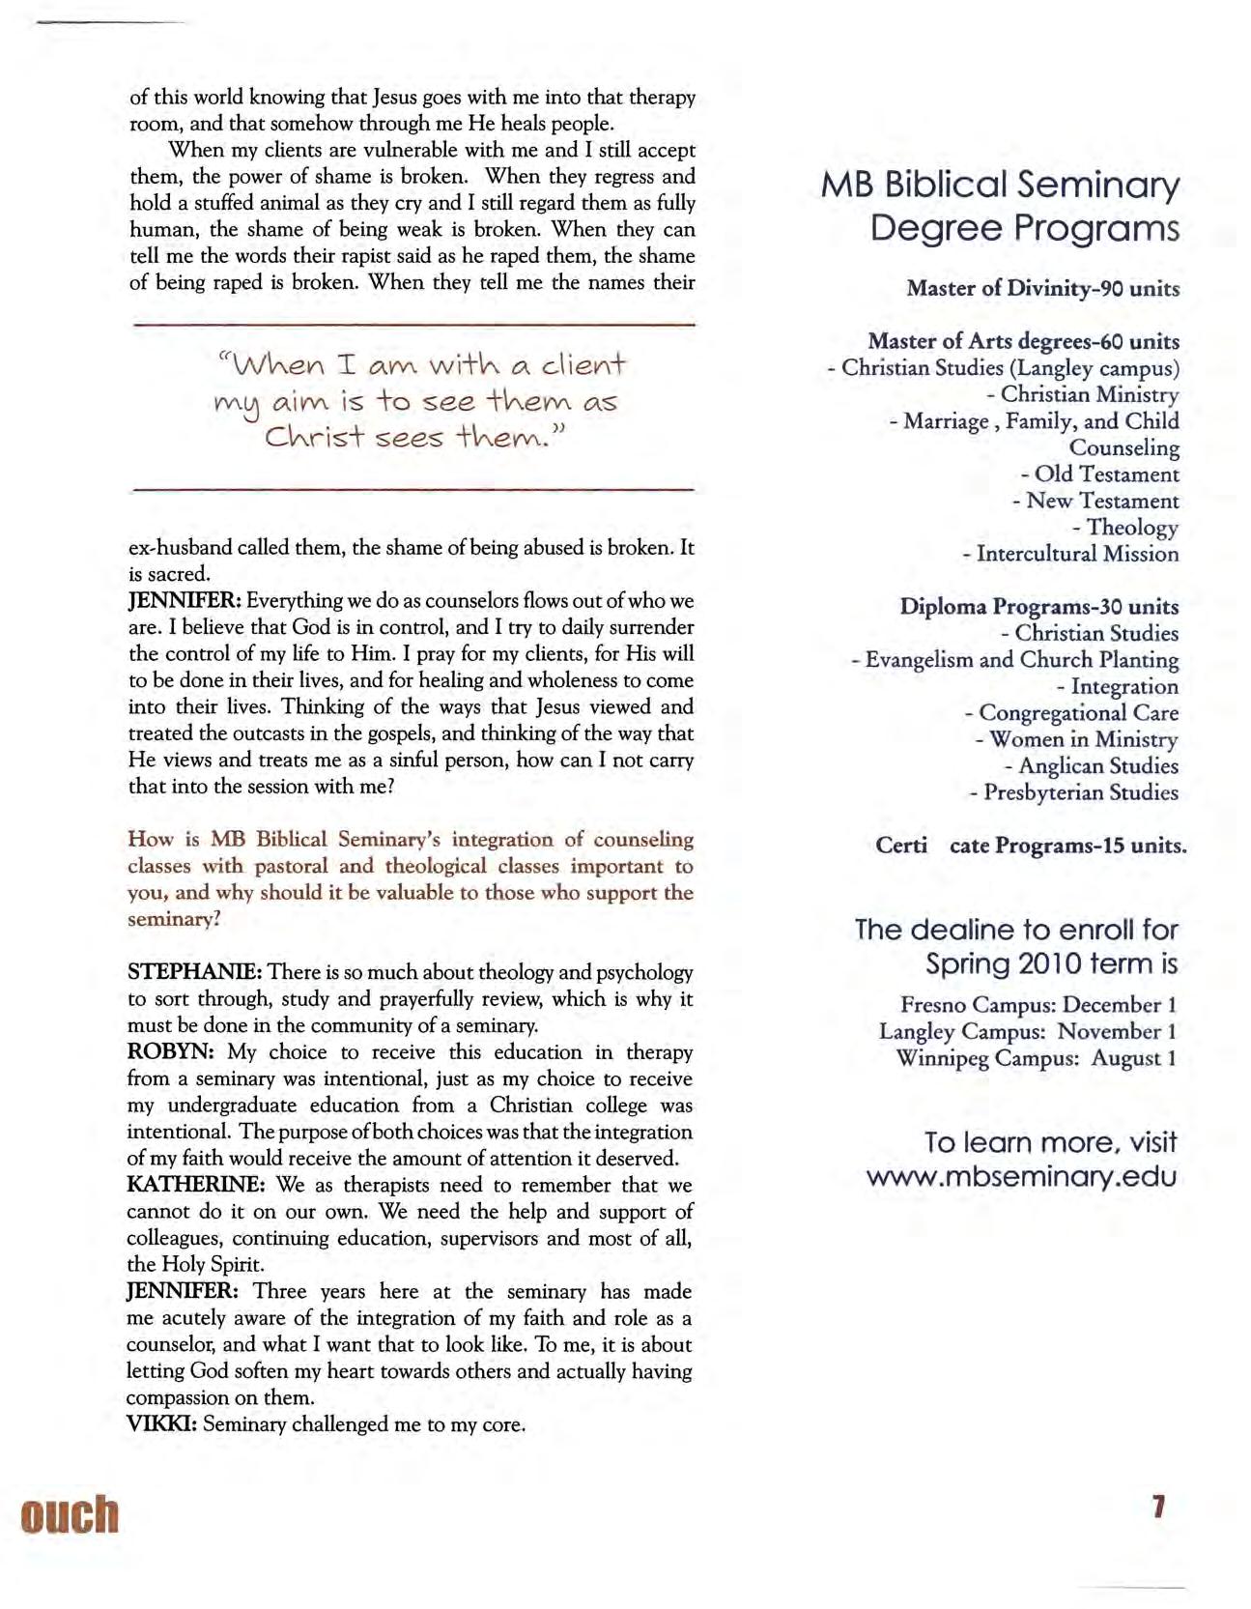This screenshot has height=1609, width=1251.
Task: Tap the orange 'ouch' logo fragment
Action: [70, 1514]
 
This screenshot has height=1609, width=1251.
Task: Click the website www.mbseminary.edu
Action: [1021, 1177]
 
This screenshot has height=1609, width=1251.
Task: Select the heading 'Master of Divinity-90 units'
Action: [1042, 289]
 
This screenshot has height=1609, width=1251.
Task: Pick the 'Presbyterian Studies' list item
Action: [1080, 792]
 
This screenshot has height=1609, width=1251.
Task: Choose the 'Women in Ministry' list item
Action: [1083, 740]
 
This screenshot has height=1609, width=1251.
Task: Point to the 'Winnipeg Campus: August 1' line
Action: [1036, 1058]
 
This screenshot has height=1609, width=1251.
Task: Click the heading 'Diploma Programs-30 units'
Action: [1038, 607]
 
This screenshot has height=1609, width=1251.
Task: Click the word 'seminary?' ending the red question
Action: [174, 919]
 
